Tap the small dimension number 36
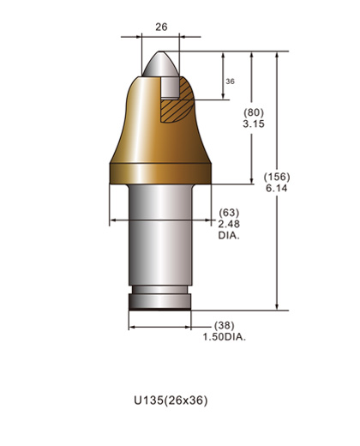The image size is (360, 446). tap(230, 81)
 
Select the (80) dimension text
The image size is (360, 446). tap(253, 113)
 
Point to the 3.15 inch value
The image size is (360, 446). tap(253, 124)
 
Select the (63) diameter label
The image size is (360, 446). tap(228, 212)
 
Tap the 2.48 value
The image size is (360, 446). tap(228, 223)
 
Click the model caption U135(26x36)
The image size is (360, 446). tap(171, 400)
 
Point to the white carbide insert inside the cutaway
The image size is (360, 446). tap(169, 86)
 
